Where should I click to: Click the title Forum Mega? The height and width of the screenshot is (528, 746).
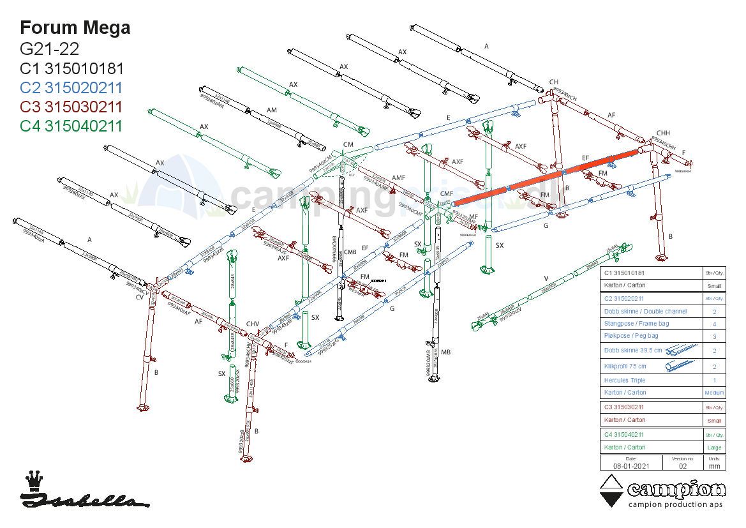(75, 27)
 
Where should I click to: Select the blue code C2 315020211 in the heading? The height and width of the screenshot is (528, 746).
(71, 87)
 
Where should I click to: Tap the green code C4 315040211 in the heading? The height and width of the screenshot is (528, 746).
(71, 126)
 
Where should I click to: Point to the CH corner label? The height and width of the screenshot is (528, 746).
(554, 82)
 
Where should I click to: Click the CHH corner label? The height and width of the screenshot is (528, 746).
(663, 133)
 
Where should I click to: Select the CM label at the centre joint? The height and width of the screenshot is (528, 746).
(348, 145)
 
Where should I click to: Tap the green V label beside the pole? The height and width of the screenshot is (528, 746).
(546, 278)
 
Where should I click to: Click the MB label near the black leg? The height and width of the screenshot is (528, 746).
(445, 352)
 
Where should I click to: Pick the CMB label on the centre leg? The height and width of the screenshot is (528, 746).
(350, 252)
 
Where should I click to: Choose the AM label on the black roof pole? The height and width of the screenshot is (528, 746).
(272, 110)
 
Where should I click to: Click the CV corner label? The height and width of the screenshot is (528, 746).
(140, 297)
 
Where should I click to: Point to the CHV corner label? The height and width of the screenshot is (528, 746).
(253, 324)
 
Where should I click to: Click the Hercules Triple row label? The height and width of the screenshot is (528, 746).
(624, 381)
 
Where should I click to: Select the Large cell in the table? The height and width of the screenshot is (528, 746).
(714, 448)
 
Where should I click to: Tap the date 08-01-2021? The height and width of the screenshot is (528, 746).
(630, 466)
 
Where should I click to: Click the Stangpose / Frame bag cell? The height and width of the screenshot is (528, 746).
(636, 324)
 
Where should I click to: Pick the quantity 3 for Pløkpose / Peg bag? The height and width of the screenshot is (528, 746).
(714, 336)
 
